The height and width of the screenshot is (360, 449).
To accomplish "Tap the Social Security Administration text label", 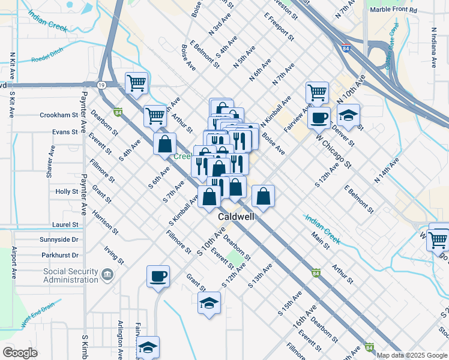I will [70, 275].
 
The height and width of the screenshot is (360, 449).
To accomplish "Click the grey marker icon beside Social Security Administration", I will [107, 275].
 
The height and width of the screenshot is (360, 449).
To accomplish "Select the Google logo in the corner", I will [20, 353].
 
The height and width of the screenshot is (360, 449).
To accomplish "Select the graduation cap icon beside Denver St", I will [348, 114].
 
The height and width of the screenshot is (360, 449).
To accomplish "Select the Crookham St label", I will [59, 115].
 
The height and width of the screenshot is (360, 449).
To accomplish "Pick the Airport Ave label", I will [13, 263].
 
